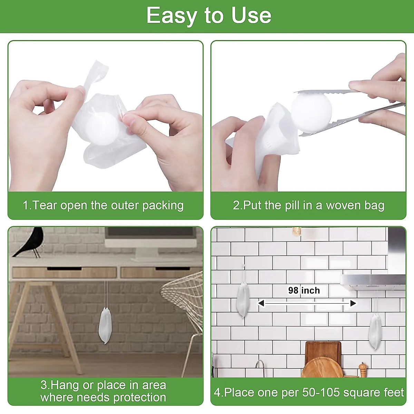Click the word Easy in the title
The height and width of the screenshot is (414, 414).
click(x=171, y=16)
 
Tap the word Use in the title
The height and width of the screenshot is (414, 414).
click(x=252, y=16)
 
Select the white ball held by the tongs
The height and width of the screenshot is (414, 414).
click(x=311, y=111)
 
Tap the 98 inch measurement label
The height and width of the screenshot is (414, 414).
click(x=304, y=290)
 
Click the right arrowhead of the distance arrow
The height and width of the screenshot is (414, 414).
click(x=353, y=303)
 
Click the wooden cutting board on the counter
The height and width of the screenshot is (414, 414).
click(x=323, y=359)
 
